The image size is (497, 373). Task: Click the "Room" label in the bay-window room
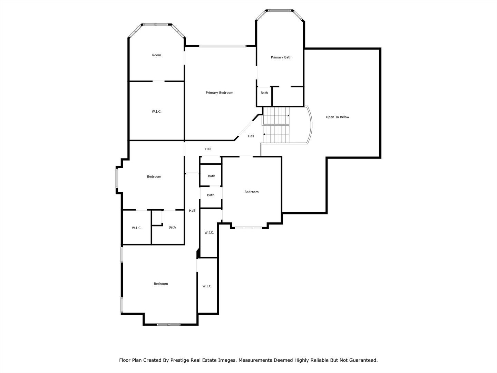pyautogui.click(x=156, y=55)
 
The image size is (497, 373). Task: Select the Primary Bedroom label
pyautogui.click(x=219, y=93)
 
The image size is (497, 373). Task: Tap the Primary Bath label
pyautogui.click(x=281, y=57)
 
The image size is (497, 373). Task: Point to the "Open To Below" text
pyautogui.click(x=337, y=117)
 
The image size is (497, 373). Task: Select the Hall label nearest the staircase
pyautogui.click(x=251, y=136)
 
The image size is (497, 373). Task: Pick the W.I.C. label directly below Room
pyautogui.click(x=156, y=112)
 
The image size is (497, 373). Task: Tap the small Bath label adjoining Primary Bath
pyautogui.click(x=264, y=93)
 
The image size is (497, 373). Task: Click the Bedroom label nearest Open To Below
pyautogui.click(x=251, y=192)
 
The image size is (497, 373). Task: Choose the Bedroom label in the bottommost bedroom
pyautogui.click(x=160, y=284)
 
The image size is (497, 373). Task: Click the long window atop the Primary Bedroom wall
pyautogui.click(x=222, y=46)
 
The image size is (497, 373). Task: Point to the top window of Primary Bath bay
pyautogui.click(x=280, y=10)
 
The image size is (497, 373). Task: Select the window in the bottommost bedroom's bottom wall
pyautogui.click(x=168, y=324)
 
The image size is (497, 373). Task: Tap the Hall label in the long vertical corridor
pyautogui.click(x=192, y=211)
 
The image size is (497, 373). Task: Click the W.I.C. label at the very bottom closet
pyautogui.click(x=207, y=286)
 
